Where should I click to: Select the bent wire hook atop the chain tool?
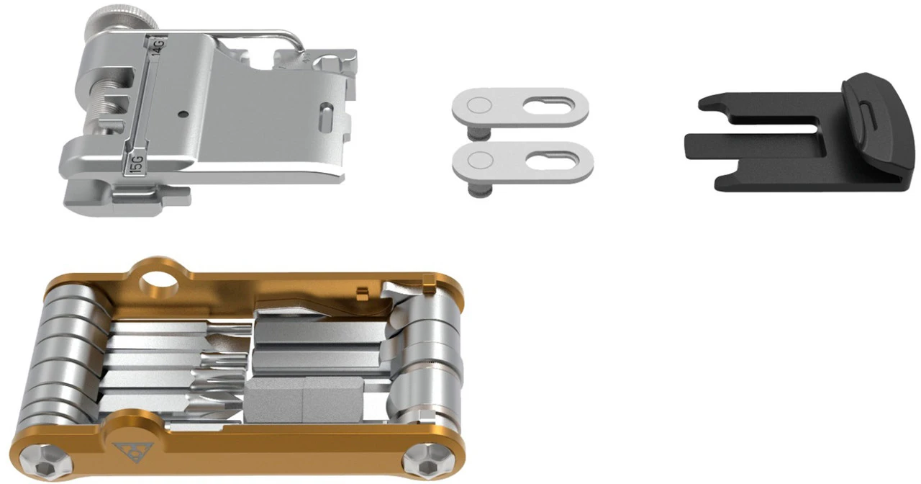point(237,32)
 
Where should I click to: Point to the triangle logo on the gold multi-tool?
point(128,451)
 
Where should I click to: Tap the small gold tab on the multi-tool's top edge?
point(363,291)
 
